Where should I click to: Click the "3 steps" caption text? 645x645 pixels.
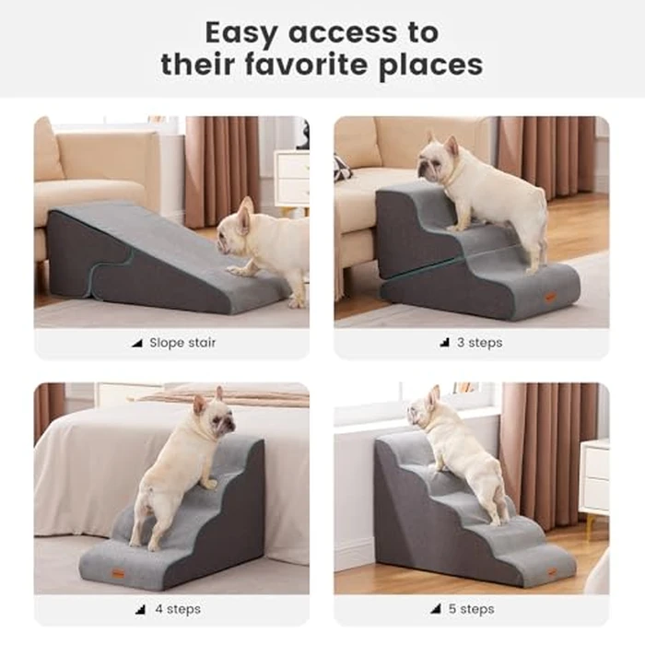479,343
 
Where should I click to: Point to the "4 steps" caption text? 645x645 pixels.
178,609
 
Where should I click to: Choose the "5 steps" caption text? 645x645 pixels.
477,609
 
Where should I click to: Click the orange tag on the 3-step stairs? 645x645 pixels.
550,298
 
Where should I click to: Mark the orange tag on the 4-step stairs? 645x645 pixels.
117,574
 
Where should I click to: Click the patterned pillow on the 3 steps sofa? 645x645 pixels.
342,168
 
